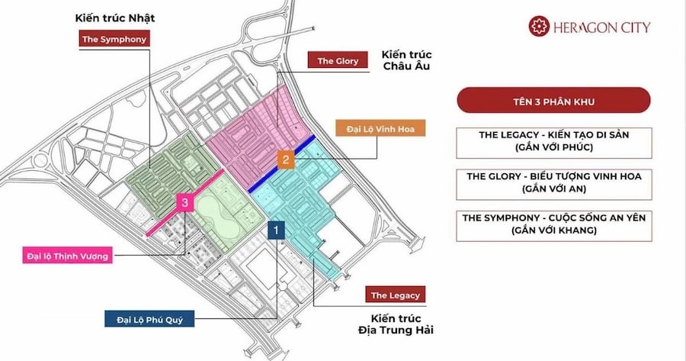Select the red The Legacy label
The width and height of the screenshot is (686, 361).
click(394, 295)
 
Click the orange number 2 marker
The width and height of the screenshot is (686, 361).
click(285, 160)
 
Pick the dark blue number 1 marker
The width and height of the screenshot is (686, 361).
click(277, 227)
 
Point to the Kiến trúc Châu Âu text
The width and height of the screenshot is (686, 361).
click(407, 61)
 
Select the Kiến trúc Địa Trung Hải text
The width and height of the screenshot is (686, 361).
click(399, 324)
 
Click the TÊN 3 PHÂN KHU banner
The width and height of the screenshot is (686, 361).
click(553, 100)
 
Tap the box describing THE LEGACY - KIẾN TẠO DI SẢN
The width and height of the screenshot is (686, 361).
click(553, 141)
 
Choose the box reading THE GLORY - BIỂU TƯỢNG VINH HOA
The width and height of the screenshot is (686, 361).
click(553, 182)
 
